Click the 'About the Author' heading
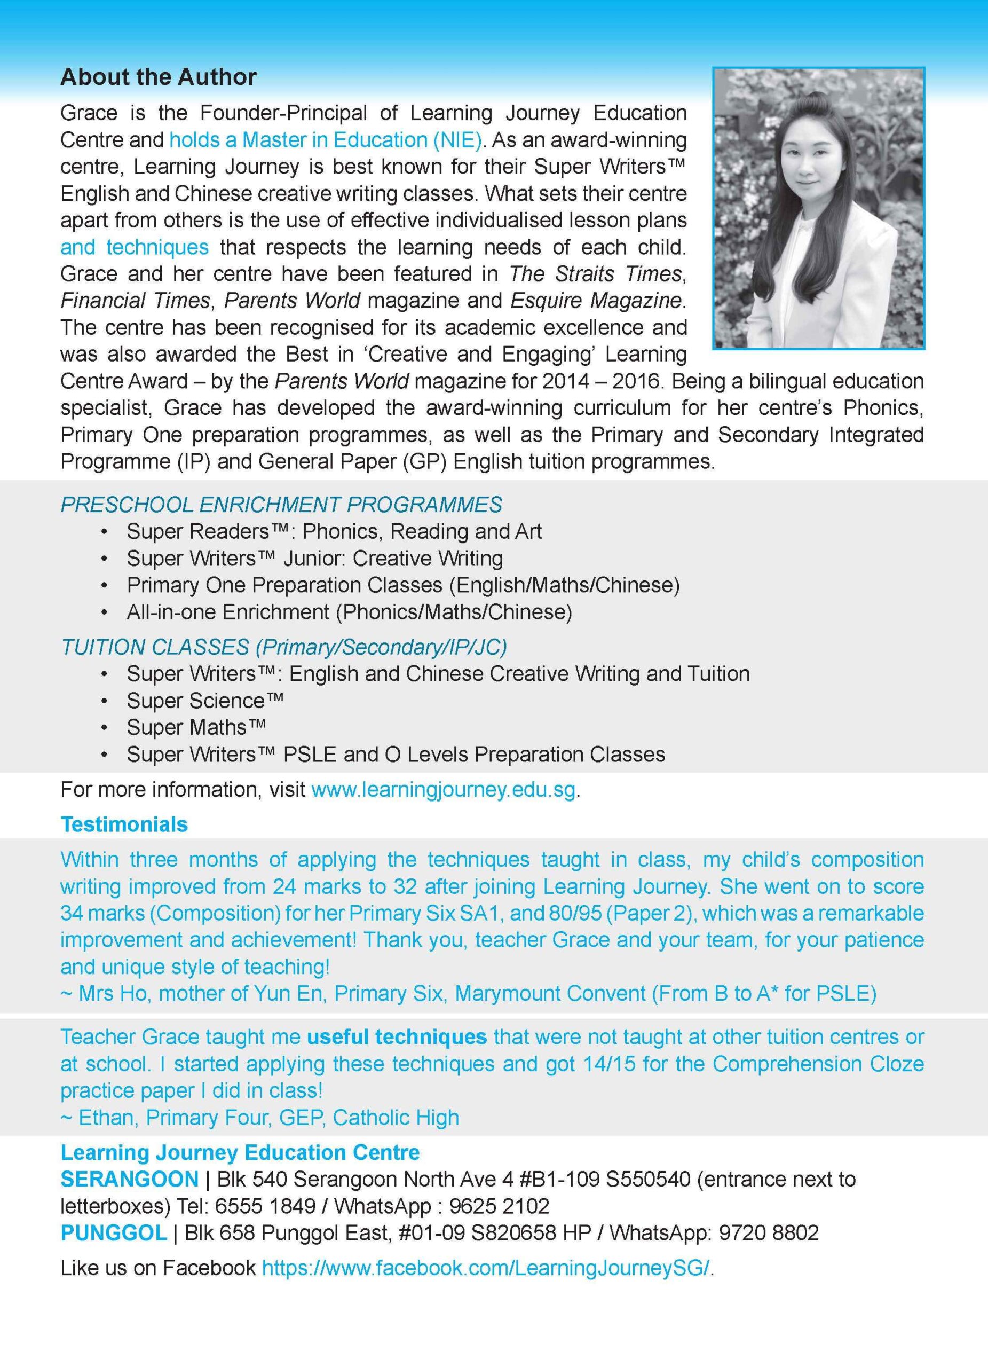pyautogui.click(x=159, y=77)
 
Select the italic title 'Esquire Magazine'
pyautogui.click(x=595, y=300)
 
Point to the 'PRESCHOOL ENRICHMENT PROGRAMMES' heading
pyautogui.click(x=281, y=505)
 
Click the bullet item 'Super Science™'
pyautogui.click(x=205, y=701)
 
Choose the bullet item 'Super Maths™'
pyautogui.click(x=196, y=727)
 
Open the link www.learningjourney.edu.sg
pyautogui.click(x=444, y=790)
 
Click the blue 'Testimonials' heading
pyautogui.click(x=124, y=824)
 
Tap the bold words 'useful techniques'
pyautogui.click(x=397, y=1036)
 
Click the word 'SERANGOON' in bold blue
pyautogui.click(x=130, y=1179)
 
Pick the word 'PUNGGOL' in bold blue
pyautogui.click(x=114, y=1233)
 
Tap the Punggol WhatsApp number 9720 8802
pyautogui.click(x=768, y=1233)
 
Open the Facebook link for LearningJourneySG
pyautogui.click(x=486, y=1268)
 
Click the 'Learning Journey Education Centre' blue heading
pyautogui.click(x=240, y=1152)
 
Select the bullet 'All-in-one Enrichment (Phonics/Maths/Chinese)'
pyautogui.click(x=349, y=612)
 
